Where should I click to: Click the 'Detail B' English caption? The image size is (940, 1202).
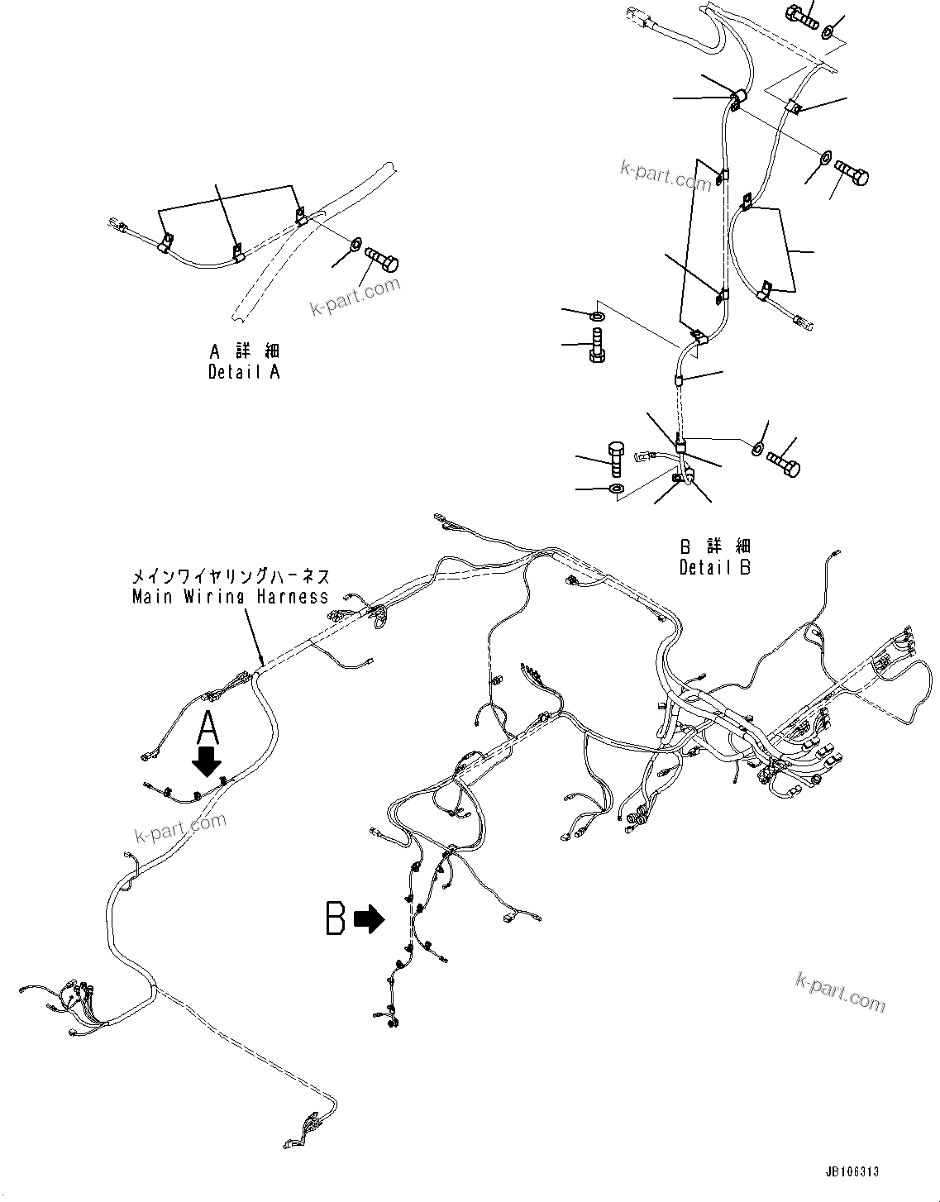coord(715,567)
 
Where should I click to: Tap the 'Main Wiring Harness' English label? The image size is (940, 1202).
coord(231,596)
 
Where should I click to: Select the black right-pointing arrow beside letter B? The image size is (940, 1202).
coord(369,918)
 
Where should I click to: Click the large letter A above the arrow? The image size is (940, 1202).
coord(209,729)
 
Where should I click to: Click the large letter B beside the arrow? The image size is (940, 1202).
coord(335,918)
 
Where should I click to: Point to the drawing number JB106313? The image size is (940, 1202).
coord(852,1171)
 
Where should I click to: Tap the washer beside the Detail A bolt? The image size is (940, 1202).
coord(355,244)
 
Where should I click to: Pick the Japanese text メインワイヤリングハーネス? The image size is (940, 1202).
coord(231,576)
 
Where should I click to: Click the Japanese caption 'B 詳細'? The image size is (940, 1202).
coord(715,546)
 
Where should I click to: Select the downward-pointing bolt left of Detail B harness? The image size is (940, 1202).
coord(597,344)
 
